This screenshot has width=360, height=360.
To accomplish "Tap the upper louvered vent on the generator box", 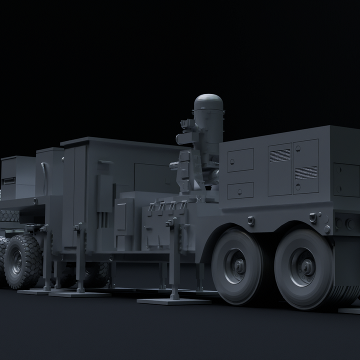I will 280,155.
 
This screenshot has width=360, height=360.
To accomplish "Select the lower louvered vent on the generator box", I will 305,173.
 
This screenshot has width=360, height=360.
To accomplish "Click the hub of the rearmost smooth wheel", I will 303,268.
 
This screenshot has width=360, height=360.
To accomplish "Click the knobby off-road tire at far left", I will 22,261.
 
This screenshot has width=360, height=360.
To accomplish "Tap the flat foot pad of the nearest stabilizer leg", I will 173,301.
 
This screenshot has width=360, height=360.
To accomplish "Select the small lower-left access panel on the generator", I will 240,190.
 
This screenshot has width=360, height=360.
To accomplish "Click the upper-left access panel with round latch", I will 240,160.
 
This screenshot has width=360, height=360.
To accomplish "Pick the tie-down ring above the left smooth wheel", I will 250,220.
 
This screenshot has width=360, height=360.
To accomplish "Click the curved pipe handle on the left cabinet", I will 44,178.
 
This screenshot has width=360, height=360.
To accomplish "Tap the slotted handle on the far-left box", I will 9,180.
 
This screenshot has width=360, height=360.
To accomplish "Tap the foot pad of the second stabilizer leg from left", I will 79,294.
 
